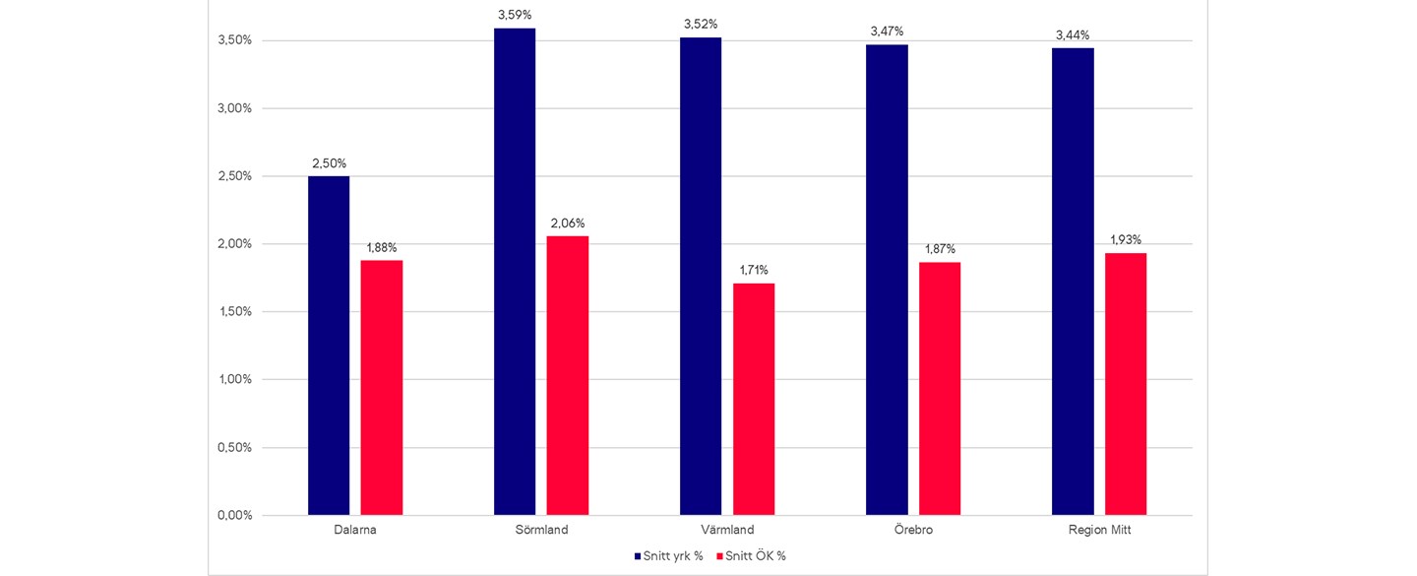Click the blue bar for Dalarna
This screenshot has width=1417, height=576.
pos(329,345)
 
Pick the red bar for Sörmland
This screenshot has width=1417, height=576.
pos(568,375)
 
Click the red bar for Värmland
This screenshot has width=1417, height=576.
pos(754,399)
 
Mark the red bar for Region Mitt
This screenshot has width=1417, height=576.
pos(1126,384)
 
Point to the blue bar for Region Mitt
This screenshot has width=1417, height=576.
pos(1073,281)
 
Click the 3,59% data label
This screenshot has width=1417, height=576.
pos(515,15)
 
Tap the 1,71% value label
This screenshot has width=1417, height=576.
pos(754,270)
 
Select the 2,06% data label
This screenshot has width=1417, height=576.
pos(568,223)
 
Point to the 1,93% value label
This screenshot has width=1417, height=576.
pos(1126,239)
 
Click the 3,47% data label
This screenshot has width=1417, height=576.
pos(887,32)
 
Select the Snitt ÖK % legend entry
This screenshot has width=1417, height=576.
pos(755,556)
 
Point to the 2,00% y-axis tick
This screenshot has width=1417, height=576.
pos(234,244)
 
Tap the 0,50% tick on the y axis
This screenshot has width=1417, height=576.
pos(234,447)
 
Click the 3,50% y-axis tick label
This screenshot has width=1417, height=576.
pos(234,40)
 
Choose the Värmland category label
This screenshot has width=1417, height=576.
pos(727,530)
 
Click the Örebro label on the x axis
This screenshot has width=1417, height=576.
pos(913,530)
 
